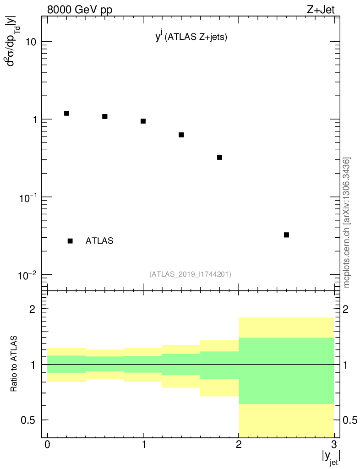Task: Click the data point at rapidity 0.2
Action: [66, 113]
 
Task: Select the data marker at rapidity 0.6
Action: [105, 116]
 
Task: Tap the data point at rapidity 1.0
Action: [143, 121]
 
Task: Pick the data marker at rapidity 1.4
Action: [181, 135]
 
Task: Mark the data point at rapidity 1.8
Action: [219, 157]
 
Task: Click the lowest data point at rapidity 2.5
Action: [286, 234]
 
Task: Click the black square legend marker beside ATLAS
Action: [70, 241]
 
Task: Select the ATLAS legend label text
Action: [99, 240]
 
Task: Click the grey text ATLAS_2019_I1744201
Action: [190, 274]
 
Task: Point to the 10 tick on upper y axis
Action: [30, 42]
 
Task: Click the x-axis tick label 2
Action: [239, 444]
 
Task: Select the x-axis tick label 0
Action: [48, 444]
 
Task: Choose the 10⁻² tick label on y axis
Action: [27, 275]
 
